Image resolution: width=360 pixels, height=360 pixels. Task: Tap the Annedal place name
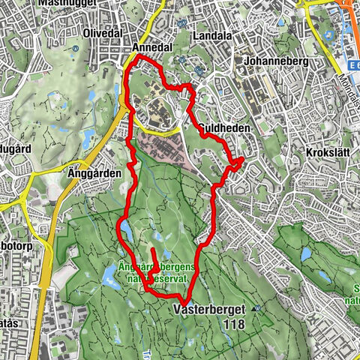(x=151, y=47)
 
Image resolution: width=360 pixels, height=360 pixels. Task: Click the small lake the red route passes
(x=127, y=232)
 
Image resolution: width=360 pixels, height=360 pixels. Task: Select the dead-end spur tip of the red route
(x=153, y=250)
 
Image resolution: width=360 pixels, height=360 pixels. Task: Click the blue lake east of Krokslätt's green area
(x=305, y=253)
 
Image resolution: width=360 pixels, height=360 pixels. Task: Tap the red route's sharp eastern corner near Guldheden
(x=243, y=160)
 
